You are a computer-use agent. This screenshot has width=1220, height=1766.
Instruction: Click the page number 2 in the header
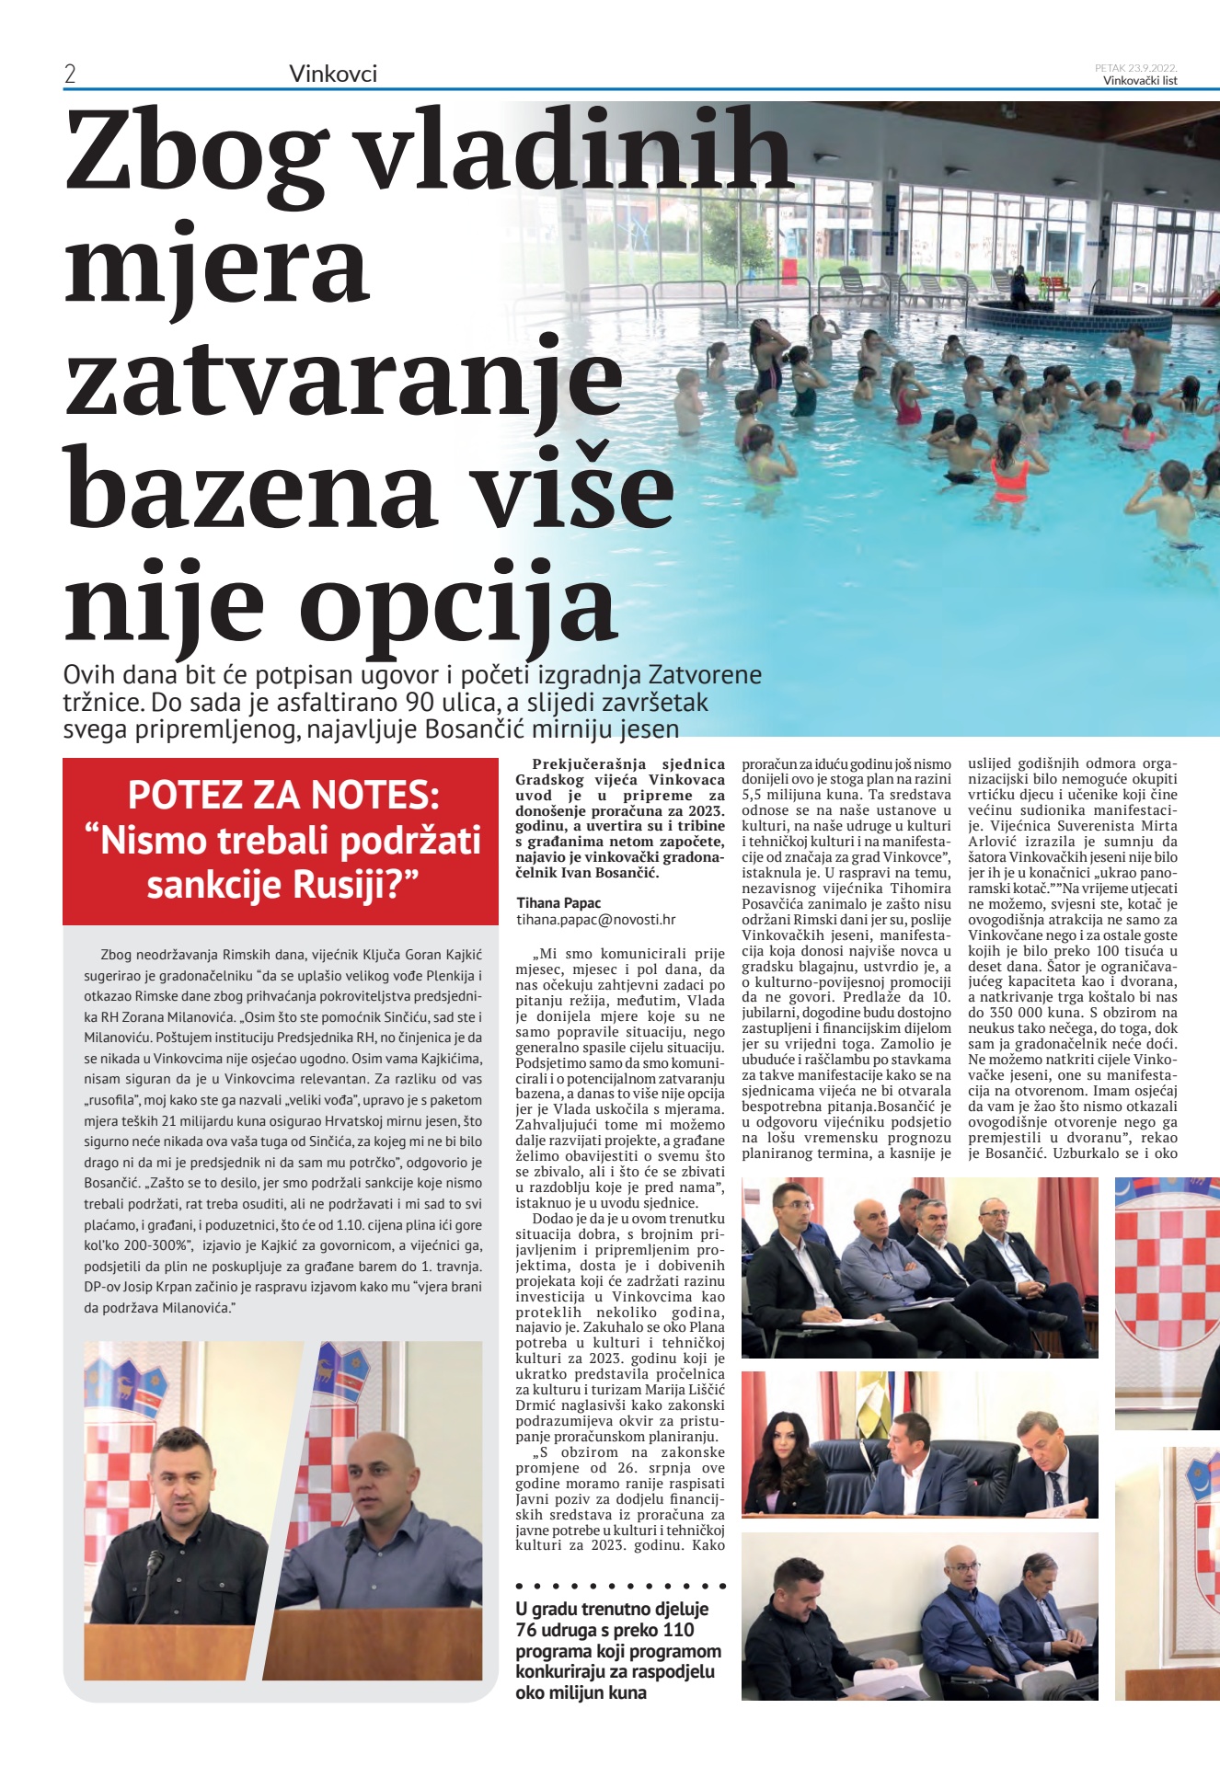(70, 75)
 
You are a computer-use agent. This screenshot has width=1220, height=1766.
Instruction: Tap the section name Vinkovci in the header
(333, 75)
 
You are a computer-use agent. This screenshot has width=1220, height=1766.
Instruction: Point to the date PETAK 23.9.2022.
(1135, 68)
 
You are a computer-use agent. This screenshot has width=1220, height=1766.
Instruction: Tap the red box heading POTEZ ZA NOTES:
(283, 795)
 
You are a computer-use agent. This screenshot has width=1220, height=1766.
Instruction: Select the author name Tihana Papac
(558, 903)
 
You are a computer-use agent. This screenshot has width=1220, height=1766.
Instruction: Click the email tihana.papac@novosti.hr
(595, 919)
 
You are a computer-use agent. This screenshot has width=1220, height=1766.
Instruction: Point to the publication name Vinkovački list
(1140, 81)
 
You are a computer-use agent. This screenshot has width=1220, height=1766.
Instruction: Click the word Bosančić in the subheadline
(481, 730)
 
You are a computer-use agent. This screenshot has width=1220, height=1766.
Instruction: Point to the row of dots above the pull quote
(621, 1586)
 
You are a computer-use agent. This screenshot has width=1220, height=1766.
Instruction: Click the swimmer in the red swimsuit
(1009, 475)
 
